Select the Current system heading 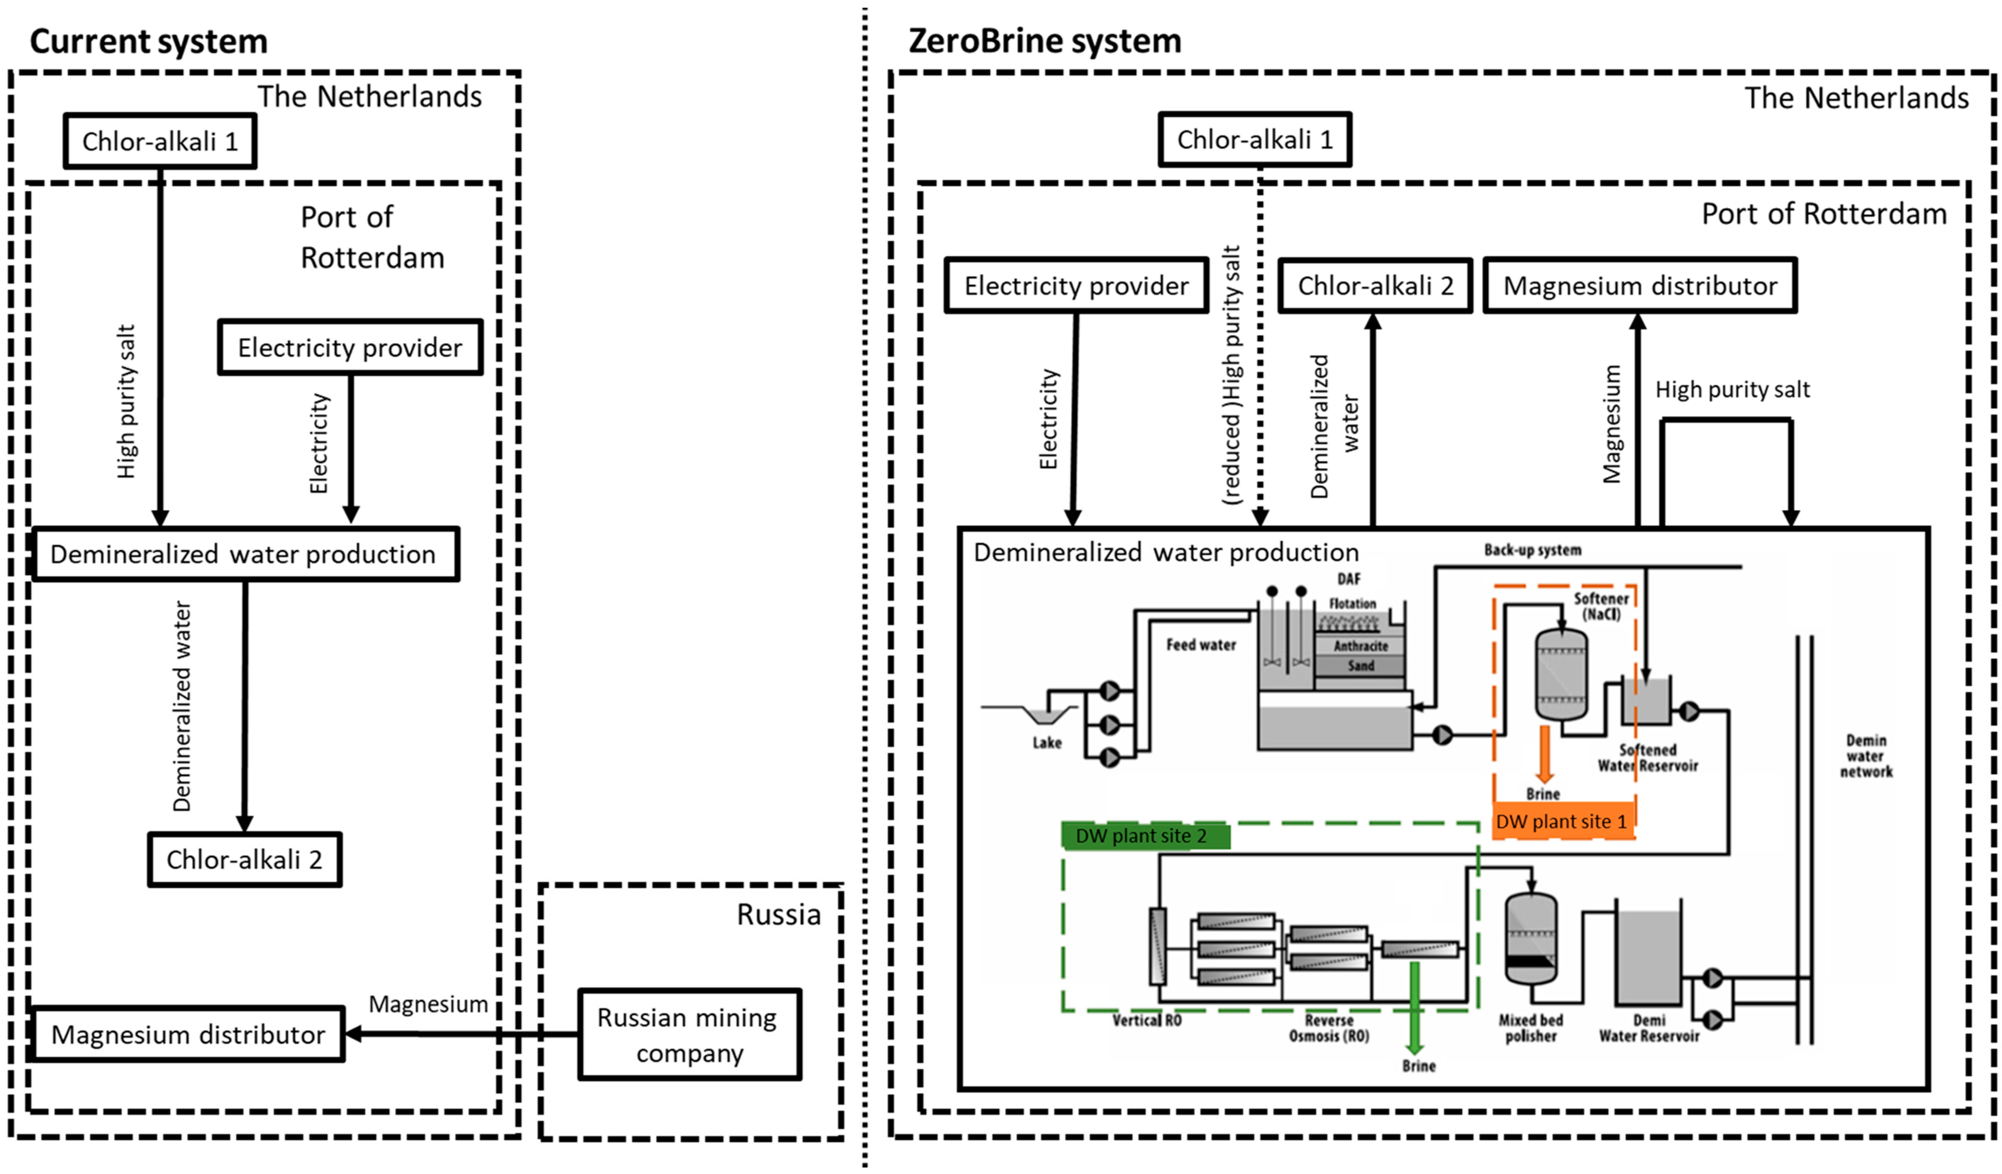tap(149, 41)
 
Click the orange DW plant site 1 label tap(1562, 822)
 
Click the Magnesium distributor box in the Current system tap(187, 1034)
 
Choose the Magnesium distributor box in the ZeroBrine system tap(1640, 285)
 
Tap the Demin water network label tap(1866, 756)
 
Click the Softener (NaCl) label tap(1601, 606)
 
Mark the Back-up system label tap(1532, 550)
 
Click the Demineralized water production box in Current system tap(245, 554)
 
